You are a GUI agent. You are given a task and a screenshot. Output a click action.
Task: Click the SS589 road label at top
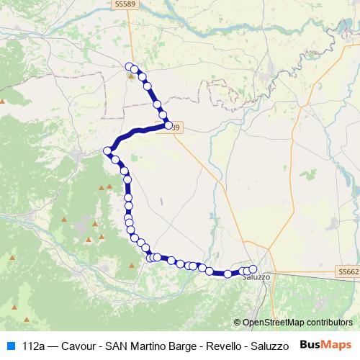pos(125,4)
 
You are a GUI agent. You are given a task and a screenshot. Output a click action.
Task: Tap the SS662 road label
pos(347,272)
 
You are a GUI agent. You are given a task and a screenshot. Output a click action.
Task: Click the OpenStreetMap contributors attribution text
pos(297,323)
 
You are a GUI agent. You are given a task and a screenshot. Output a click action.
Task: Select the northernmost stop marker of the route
pos(130,67)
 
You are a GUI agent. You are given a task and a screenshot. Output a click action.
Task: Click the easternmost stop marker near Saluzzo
pos(253,269)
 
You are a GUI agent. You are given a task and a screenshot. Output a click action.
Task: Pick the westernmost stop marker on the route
pos(107,150)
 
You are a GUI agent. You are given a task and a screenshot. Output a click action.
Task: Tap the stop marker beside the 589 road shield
pos(168,125)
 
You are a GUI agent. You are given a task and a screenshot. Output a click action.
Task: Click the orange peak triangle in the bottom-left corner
pos(26,318)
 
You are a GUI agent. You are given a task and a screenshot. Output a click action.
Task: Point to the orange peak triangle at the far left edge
pos(3,101)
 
